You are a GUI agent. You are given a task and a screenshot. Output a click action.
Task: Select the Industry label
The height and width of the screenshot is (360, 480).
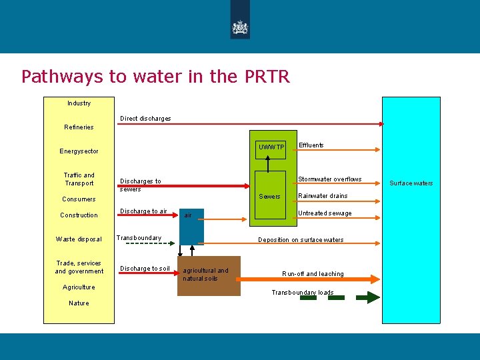click(79, 103)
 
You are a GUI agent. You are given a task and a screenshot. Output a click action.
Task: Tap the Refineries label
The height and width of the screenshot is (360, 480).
click(79, 127)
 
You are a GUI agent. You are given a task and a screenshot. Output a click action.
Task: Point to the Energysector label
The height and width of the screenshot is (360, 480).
click(79, 151)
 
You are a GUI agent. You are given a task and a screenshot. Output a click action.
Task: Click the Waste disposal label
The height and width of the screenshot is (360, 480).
click(79, 239)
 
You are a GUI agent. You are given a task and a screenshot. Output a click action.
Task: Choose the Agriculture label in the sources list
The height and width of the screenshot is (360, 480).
click(79, 287)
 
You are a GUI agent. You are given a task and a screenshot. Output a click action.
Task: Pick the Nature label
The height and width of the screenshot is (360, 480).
click(79, 303)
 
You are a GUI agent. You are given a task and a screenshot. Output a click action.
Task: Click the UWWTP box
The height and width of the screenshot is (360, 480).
click(272, 147)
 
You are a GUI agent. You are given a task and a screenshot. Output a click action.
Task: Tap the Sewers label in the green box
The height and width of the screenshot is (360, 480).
click(270, 197)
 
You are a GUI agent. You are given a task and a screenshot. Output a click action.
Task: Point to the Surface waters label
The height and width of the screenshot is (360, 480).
click(411, 183)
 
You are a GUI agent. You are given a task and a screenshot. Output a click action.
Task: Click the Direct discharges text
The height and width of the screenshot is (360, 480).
click(145, 119)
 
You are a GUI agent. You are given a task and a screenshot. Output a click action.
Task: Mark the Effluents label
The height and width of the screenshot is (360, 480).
click(311, 145)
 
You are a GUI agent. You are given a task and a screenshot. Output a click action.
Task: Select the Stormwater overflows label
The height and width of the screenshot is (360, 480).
click(329, 179)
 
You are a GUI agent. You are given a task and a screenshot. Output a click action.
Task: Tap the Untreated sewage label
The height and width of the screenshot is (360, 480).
click(325, 213)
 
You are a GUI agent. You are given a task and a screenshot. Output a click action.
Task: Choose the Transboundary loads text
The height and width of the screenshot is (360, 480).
click(302, 293)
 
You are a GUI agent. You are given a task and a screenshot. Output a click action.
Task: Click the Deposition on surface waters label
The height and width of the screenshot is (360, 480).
click(301, 240)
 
